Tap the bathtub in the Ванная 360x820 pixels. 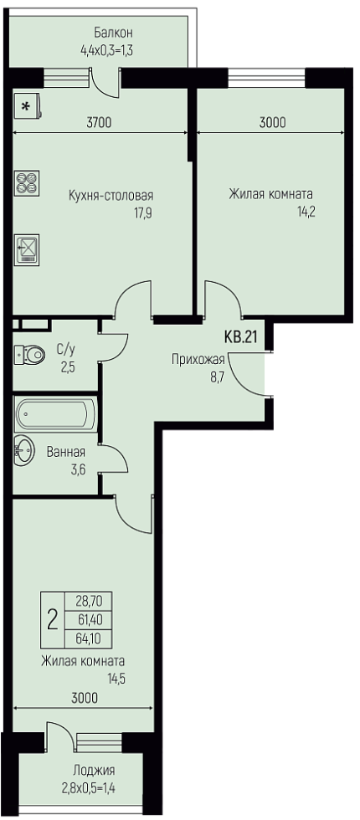click(56, 415)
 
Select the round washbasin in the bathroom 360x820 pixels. click(24, 449)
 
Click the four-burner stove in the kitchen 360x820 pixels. click(27, 183)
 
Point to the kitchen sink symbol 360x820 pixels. click(27, 249)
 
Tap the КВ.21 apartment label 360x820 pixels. click(242, 336)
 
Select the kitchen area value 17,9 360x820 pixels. click(143, 213)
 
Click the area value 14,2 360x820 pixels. click(306, 213)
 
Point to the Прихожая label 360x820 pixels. click(198, 359)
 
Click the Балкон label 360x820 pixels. click(114, 33)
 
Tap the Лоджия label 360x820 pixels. click(94, 771)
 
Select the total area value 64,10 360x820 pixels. click(88, 638)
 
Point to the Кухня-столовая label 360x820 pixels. click(111, 196)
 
